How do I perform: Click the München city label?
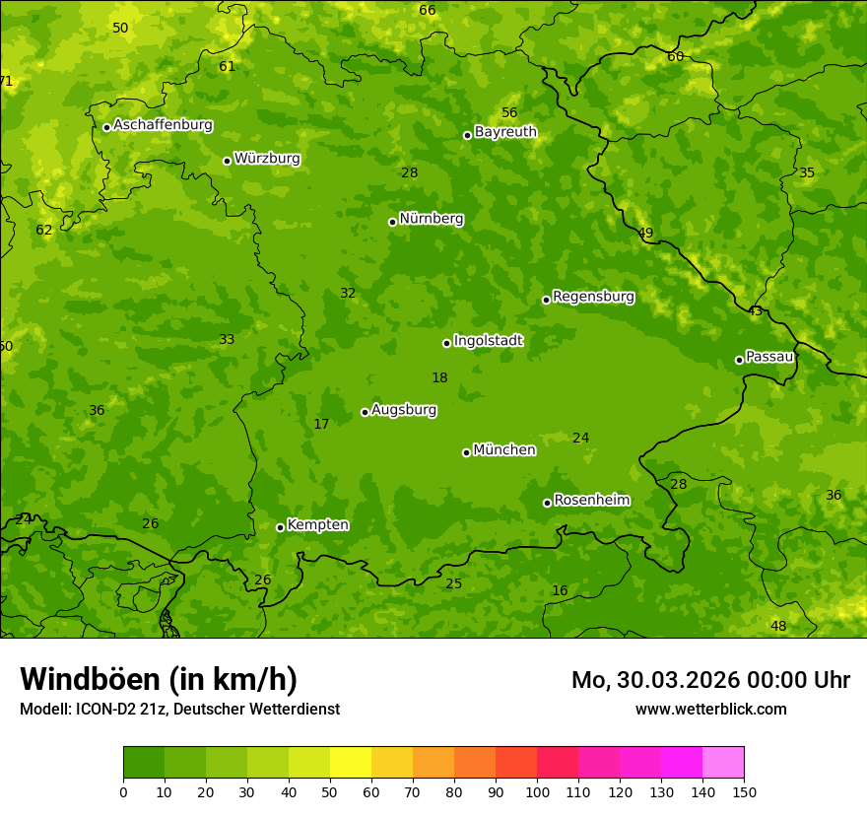504,450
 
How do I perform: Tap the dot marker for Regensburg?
546,300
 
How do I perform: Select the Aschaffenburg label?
163,125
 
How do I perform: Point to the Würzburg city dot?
227,161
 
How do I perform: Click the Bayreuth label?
505,132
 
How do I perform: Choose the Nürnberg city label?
431,219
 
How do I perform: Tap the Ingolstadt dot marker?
446,343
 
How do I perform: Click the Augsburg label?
404,410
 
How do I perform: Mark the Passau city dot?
739,360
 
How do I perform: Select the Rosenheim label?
591,501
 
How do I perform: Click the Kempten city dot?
280,527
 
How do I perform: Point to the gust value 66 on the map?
427,11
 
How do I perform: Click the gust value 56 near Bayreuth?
509,113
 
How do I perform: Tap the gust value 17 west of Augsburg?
321,425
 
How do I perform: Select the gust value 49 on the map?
645,234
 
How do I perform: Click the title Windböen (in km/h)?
159,679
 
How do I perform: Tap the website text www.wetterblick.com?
710,709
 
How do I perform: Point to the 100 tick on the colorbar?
537,791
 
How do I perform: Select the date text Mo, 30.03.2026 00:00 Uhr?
710,680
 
